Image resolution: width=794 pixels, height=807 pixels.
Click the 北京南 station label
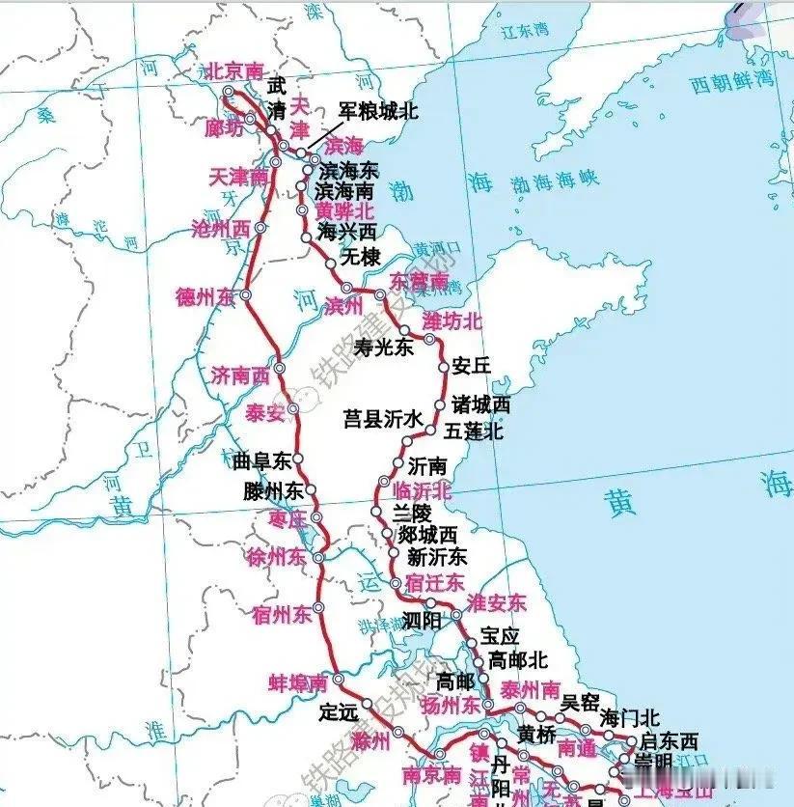(235, 70)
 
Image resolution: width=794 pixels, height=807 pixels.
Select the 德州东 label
(205, 296)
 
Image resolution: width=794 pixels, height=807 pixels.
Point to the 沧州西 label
(222, 229)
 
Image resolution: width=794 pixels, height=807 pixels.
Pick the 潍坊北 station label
(452, 320)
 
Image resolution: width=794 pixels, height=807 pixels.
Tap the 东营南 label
(419, 281)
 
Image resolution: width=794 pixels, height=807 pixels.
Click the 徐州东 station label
(277, 558)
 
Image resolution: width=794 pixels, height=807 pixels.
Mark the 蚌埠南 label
(298, 682)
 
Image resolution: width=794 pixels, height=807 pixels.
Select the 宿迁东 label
(435, 583)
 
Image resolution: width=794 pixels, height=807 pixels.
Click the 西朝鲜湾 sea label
(732, 83)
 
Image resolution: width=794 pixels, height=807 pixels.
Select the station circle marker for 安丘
(444, 367)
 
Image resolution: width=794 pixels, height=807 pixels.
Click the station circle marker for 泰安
(293, 408)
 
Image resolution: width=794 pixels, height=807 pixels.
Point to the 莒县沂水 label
(383, 419)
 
